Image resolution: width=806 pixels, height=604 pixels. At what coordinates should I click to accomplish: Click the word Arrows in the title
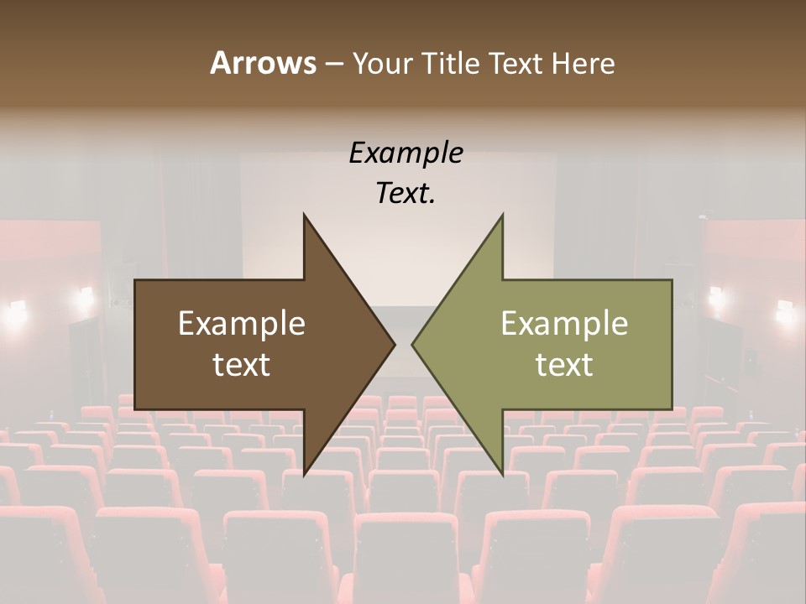tap(263, 63)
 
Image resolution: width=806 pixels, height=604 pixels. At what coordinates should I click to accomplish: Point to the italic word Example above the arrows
tap(406, 153)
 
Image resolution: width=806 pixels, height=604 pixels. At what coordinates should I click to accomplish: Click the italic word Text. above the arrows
tap(406, 194)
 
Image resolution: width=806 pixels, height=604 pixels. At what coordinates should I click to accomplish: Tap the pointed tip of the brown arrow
tap(394, 344)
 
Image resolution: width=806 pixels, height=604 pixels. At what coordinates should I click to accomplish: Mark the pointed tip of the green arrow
tap(412, 344)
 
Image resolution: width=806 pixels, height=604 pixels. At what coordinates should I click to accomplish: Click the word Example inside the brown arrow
tap(242, 323)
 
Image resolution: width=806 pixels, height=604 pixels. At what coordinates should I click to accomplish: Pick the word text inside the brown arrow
tap(242, 365)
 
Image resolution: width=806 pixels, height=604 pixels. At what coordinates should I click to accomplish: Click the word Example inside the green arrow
tap(564, 323)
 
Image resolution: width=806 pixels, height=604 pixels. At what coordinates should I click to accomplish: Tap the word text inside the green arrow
tap(564, 365)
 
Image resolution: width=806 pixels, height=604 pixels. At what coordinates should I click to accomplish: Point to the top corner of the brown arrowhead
tap(304, 215)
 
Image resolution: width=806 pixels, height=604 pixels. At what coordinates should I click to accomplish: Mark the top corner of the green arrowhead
tap(503, 215)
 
